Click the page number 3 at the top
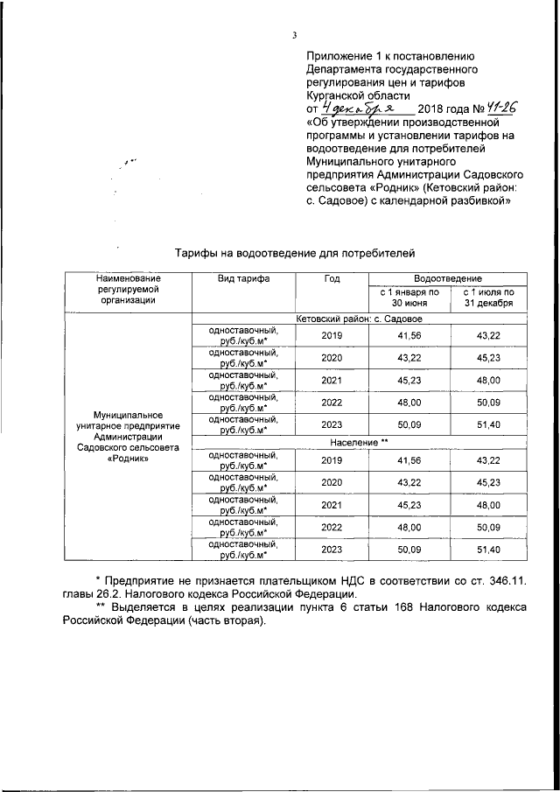tap(295, 35)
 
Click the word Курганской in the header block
tap(338, 95)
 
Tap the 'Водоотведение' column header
tap(447, 277)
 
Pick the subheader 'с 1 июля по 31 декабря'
tap(488, 297)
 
